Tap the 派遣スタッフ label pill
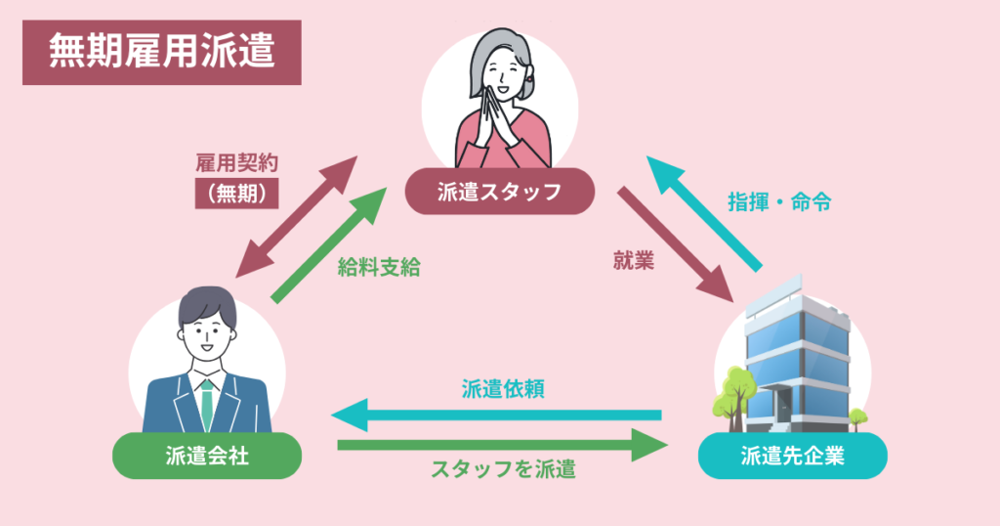coord(499,192)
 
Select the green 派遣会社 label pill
coord(206,455)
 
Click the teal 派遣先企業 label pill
coord(792,455)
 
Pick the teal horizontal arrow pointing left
coord(497,415)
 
